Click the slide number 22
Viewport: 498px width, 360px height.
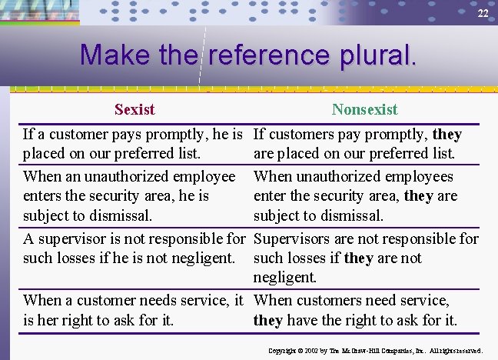point(482,14)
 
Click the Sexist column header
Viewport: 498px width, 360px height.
point(134,109)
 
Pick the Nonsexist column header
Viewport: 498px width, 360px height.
point(364,109)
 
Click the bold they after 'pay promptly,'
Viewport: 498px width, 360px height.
point(447,135)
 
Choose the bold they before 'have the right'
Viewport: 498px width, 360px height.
point(268,320)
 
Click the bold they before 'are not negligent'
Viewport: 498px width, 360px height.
point(359,258)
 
